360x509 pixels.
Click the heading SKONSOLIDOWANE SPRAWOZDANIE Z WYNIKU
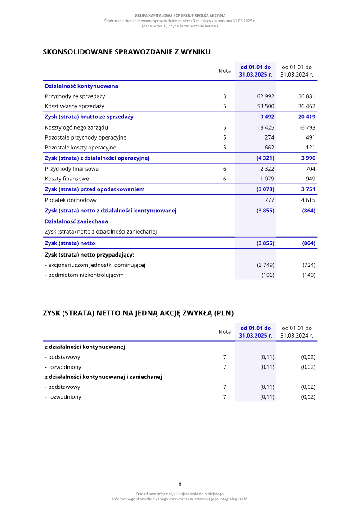126,52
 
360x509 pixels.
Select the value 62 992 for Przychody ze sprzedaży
265,96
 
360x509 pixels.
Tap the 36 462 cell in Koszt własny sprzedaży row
306,106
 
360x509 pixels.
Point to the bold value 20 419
306,117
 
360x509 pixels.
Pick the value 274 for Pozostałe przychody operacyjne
269,137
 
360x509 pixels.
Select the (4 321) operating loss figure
265,158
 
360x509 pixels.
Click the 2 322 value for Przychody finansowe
267,169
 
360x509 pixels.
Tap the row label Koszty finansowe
67,179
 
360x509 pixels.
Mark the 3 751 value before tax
308,189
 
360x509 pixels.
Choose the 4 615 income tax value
308,200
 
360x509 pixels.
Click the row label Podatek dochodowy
71,200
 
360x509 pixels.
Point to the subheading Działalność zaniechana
76,221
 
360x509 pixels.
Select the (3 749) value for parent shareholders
265,265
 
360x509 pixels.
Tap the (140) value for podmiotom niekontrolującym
309,275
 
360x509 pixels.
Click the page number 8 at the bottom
180,484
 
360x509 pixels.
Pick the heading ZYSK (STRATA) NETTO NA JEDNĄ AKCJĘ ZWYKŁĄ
138,313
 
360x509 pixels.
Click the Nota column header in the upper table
225,71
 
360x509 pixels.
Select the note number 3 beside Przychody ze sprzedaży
225,96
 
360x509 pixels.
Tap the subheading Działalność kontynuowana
81,86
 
